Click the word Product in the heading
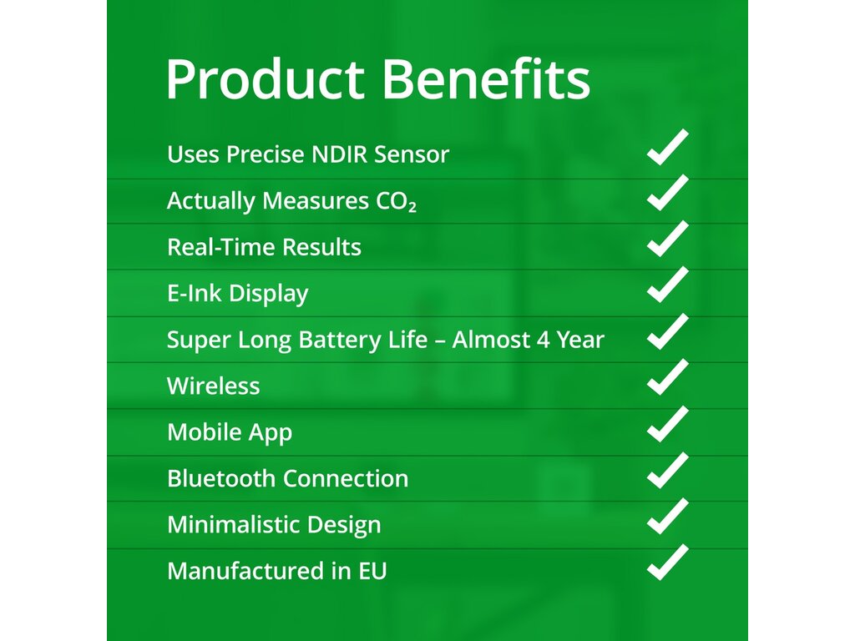265,79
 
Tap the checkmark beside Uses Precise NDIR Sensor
667,147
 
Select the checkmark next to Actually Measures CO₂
667,193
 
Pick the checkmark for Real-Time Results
667,239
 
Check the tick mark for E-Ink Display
667,285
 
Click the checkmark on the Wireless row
667,377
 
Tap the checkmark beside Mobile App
667,424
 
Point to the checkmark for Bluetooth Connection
667,471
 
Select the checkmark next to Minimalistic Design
667,516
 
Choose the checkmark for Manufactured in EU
667,563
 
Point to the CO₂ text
396,201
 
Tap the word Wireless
213,386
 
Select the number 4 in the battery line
543,340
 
